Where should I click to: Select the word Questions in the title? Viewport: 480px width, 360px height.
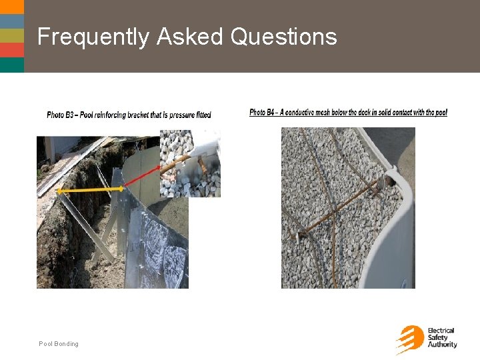point(283,37)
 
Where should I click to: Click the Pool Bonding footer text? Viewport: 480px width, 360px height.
point(59,344)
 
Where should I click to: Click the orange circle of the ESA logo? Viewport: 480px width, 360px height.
point(411,338)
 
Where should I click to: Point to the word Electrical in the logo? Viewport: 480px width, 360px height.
point(441,331)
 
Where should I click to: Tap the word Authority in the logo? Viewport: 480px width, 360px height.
point(443,345)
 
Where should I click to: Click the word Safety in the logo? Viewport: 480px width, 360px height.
point(437,338)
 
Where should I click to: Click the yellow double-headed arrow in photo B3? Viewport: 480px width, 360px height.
point(90,191)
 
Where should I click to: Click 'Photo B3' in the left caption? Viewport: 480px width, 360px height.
point(60,115)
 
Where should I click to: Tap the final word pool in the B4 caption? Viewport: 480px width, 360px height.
point(441,113)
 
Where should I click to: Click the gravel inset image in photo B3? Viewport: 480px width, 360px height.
point(190,163)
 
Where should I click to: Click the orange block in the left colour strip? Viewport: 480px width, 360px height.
point(12,50)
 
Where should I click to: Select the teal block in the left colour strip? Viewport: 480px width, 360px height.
point(12,65)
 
